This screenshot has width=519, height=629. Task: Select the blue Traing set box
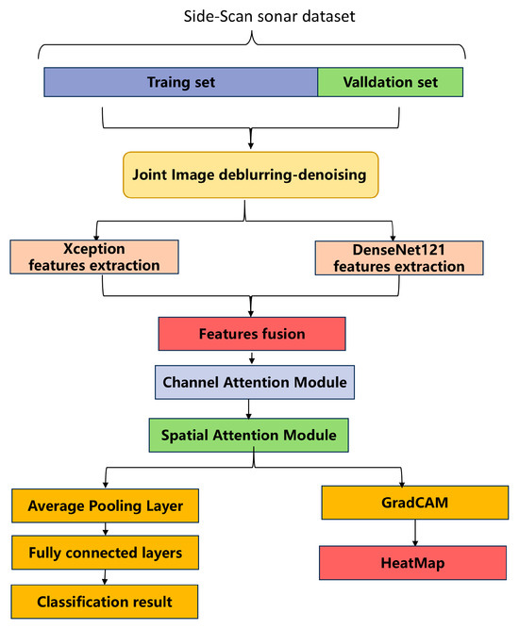point(181,82)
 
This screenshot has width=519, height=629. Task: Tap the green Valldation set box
point(391,82)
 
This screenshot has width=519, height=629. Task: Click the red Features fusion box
point(251,334)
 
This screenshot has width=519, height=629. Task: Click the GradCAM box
point(414,504)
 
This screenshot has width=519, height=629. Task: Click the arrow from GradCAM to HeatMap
point(414,533)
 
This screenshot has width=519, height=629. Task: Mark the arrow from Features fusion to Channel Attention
point(251,358)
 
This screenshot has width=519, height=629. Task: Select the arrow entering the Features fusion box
point(251,307)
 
